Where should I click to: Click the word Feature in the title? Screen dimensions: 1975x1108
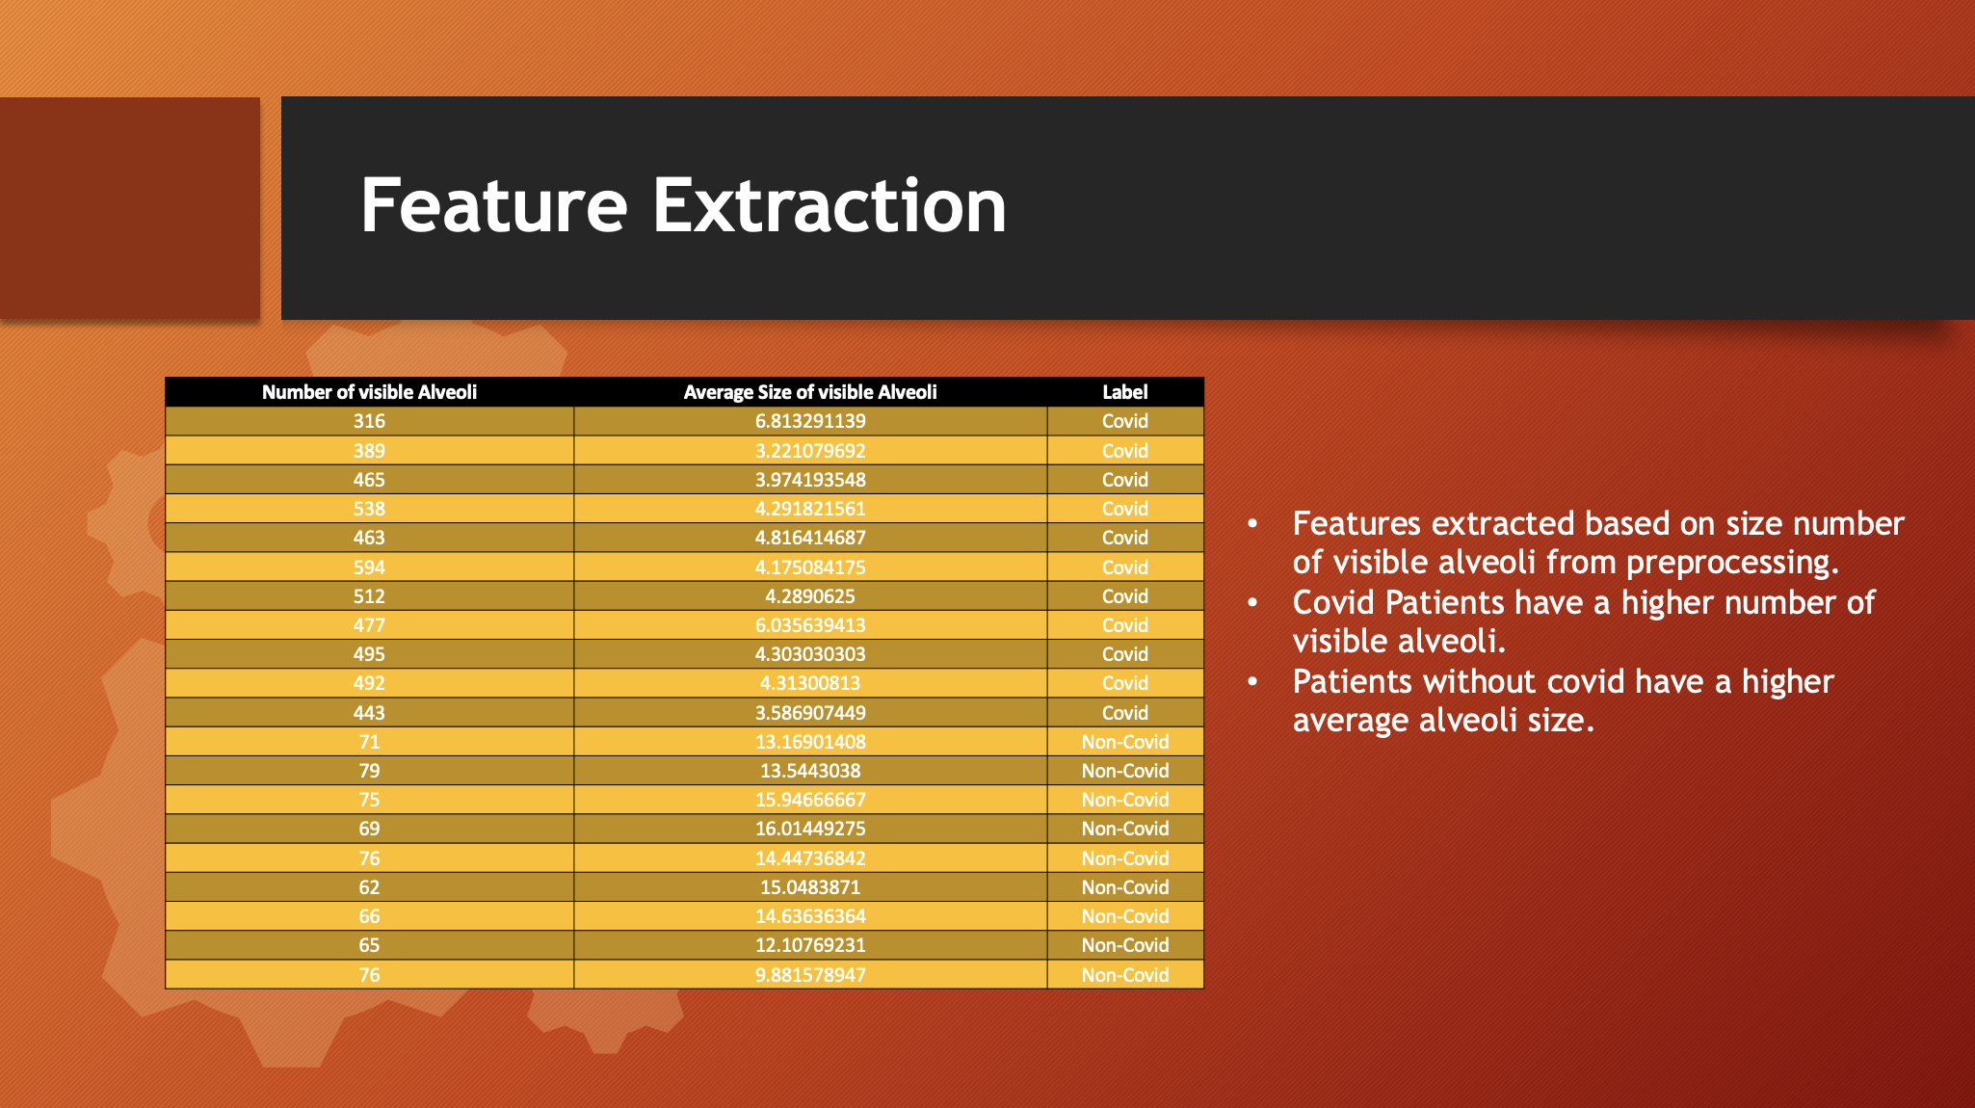[x=494, y=205]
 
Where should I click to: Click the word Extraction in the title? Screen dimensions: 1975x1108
[x=829, y=205]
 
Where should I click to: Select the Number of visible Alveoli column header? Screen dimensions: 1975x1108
[x=369, y=392]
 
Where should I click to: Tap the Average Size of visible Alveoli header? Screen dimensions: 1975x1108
[x=810, y=392]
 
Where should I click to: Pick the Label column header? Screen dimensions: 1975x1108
[x=1125, y=392]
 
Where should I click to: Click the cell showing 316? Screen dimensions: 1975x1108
[x=369, y=421]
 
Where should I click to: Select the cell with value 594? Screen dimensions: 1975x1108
[x=369, y=567]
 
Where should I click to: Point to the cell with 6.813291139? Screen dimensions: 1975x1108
[x=810, y=421]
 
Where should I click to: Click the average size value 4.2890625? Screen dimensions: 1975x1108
[x=810, y=596]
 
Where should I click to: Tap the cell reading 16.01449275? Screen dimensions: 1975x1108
[x=810, y=829]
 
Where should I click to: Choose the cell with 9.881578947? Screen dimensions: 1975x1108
[x=810, y=975]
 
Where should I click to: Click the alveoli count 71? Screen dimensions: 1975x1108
[x=369, y=742]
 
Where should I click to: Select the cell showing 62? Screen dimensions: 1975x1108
[x=369, y=887]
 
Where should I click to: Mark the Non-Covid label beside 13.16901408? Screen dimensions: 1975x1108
[x=1125, y=742]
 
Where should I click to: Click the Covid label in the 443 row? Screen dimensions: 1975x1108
[x=1125, y=713]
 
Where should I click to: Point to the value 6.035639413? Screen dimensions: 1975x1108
[x=810, y=625]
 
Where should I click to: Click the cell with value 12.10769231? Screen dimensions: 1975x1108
[x=810, y=945]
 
